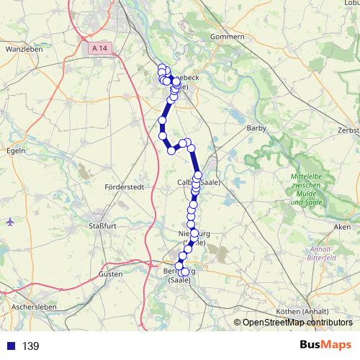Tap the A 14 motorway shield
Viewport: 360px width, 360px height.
pos(103,48)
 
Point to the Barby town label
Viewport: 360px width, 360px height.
pos(256,128)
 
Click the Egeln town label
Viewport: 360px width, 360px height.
pos(15,150)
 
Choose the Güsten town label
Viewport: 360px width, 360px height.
pos(111,275)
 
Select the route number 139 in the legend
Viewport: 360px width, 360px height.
pos(31,346)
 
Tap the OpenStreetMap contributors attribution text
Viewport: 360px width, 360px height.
pos(297,323)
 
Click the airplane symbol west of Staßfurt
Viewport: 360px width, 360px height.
pos(9,221)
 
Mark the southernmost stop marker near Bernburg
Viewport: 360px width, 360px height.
pos(185,272)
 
